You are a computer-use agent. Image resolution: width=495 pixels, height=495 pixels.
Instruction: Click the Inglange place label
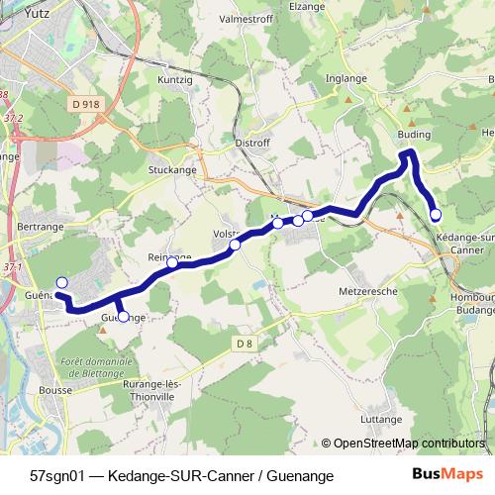(347, 79)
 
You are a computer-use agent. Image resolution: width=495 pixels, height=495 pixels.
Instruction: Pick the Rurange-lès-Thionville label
(146, 380)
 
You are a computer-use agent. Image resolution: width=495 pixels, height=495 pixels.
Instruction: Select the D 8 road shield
(246, 344)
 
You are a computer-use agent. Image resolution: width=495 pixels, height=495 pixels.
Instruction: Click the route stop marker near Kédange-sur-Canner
(436, 214)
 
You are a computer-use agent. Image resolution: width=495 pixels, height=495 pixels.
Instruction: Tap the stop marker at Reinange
(172, 262)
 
